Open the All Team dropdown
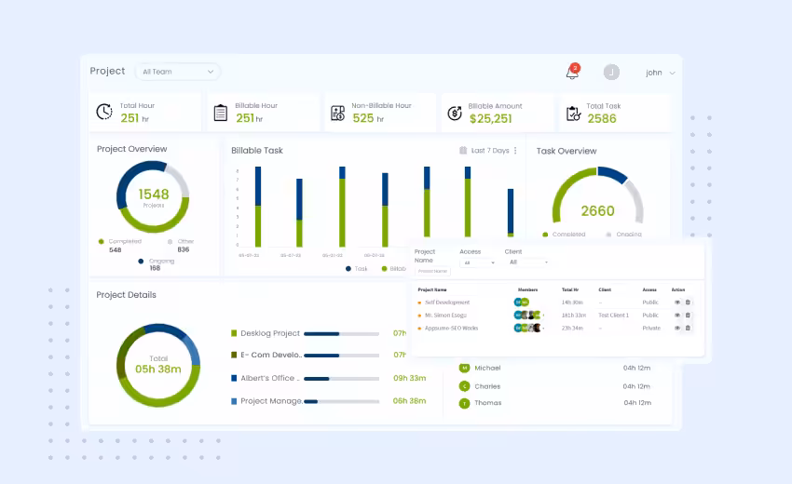[177, 72]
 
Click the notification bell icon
[572, 73]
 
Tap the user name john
[654, 73]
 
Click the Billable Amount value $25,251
[490, 118]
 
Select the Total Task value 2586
[602, 118]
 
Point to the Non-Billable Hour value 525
[363, 118]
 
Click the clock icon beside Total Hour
[104, 113]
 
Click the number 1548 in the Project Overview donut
[154, 195]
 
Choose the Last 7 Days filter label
[490, 150]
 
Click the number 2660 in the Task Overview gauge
[597, 210]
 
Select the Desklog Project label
[270, 333]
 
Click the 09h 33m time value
[409, 378]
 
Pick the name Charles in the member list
[487, 386]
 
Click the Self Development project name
[447, 302]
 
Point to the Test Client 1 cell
[614, 316]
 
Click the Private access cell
[651, 328]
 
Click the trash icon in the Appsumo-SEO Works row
[688, 328]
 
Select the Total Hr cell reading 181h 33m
[573, 316]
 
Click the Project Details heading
[127, 295]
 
